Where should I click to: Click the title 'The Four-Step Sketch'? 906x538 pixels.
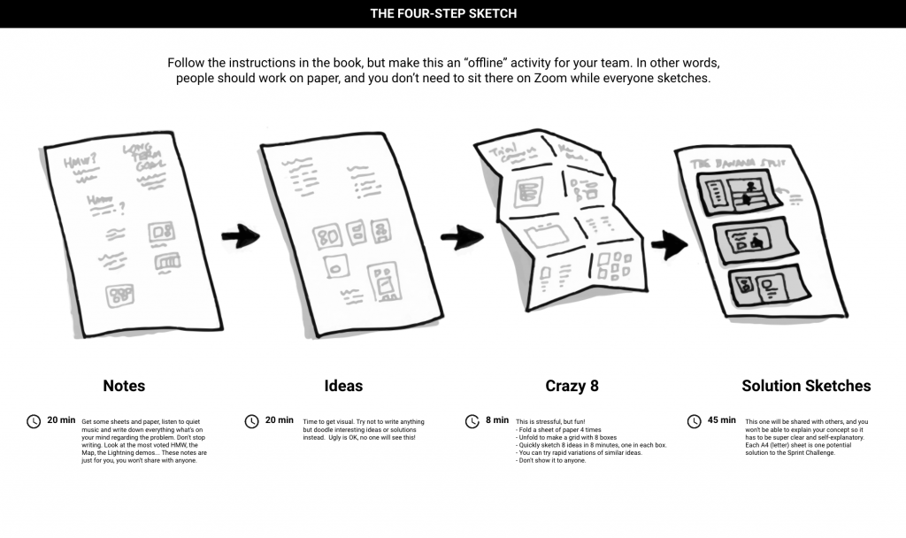point(443,13)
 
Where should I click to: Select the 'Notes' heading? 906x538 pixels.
point(124,386)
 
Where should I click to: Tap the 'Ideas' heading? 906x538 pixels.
point(343,386)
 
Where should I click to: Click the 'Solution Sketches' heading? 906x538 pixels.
point(806,386)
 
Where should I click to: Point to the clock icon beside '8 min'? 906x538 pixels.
point(472,421)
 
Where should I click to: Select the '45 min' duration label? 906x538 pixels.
point(721,420)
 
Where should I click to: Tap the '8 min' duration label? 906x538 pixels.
point(497,420)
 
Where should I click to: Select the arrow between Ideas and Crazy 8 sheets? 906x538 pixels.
point(461,236)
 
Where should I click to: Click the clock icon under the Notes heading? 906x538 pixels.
point(34,421)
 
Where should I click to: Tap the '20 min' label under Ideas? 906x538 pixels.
point(280,420)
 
